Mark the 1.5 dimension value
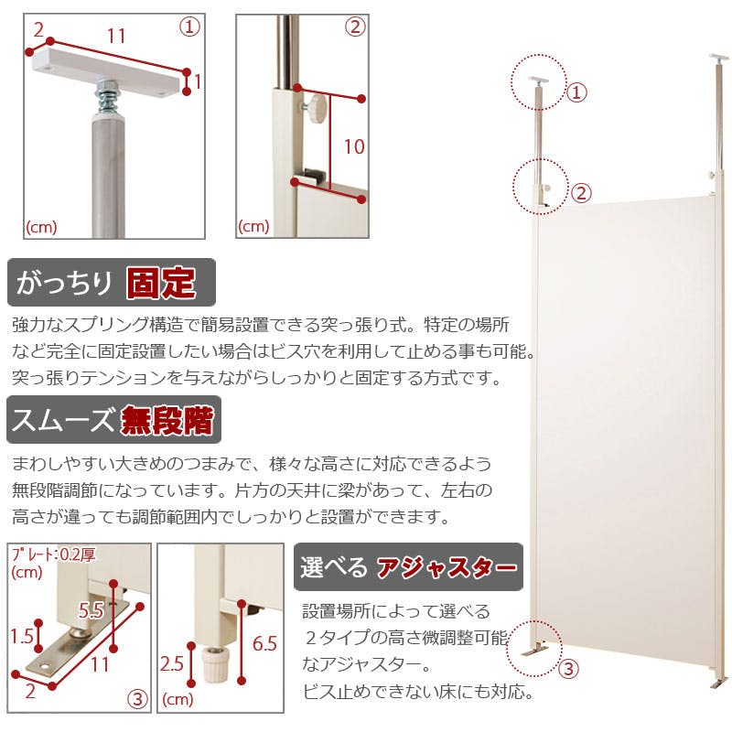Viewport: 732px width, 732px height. [x=24, y=635]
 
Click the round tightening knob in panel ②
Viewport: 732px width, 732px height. [x=317, y=108]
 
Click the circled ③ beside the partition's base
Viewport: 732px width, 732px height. [x=568, y=669]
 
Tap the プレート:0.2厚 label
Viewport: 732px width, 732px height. [x=48, y=554]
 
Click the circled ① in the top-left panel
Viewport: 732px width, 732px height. [x=189, y=27]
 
